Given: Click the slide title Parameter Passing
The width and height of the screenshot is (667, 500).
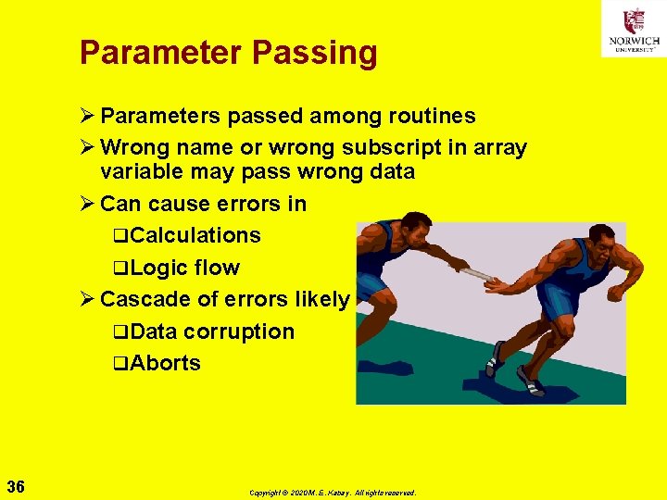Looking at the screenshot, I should click(x=229, y=53).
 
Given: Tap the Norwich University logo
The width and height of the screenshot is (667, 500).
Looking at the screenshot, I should click(x=633, y=29).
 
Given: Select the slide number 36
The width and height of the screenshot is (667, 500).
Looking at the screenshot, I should click(x=16, y=486).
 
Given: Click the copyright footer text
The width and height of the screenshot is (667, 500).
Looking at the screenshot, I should click(x=333, y=493).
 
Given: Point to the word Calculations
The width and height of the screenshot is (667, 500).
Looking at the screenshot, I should click(x=195, y=235).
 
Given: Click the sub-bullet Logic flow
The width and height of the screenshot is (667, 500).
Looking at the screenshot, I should click(x=184, y=268).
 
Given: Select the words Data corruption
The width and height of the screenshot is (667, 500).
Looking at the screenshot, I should click(x=212, y=331).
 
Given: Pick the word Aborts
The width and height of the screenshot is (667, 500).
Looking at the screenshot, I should click(x=165, y=363).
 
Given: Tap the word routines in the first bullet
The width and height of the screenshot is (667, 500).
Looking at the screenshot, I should click(x=428, y=116).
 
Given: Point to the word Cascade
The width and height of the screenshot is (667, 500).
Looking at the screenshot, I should click(x=136, y=299).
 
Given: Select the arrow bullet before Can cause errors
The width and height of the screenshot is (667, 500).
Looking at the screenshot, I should click(x=87, y=204).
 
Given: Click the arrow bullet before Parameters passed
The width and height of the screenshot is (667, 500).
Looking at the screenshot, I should click(x=87, y=117).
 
